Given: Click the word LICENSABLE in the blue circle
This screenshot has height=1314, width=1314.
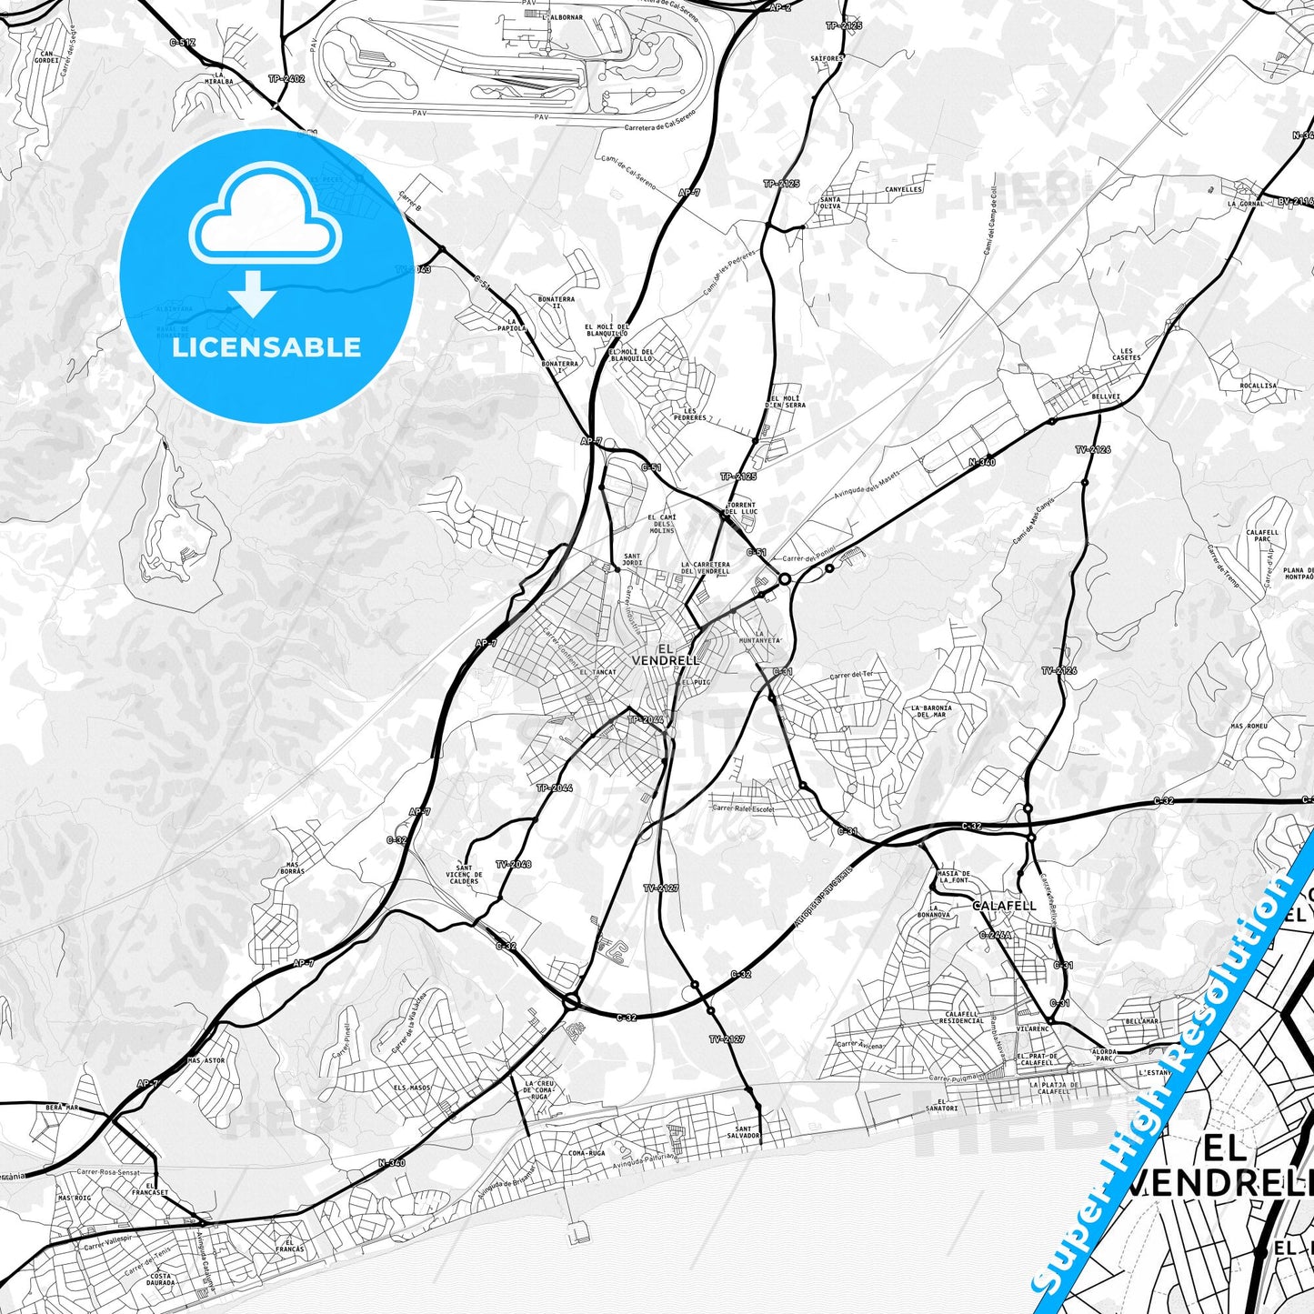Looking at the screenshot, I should pos(266,347).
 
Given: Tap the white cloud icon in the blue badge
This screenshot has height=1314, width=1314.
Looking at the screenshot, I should pos(265,217).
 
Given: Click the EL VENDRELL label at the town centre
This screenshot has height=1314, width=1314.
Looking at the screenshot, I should pos(666,655).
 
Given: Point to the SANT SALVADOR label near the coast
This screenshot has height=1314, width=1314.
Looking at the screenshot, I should pos(743,1132).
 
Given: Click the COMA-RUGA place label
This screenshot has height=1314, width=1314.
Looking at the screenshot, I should pos(586,1153).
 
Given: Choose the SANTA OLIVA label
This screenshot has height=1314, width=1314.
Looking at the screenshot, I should pos(830,203).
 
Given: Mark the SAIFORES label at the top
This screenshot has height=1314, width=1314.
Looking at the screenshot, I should pos(828,57).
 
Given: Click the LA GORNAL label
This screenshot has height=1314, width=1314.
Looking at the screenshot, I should pos(1245,204).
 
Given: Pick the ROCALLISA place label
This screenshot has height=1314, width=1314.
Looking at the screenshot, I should pos(1258,386).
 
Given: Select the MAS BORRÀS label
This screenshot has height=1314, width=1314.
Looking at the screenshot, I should pos(293,868).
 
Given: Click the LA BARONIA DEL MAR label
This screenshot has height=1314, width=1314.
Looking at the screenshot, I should pos(930,711).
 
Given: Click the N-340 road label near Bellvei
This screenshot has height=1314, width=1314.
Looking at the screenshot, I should pos(981,462).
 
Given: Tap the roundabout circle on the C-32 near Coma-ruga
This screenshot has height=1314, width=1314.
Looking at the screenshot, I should pos(571,1002).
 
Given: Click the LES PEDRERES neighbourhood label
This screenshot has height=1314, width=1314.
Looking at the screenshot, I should pos(695,415).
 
